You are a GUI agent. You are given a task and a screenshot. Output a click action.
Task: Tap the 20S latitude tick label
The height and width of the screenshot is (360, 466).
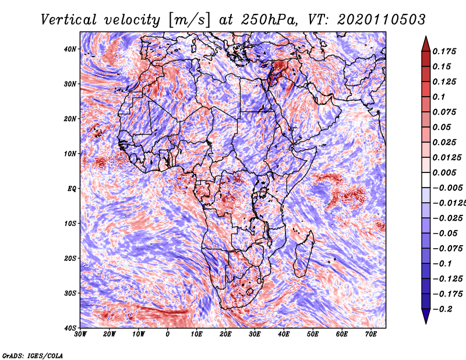[x=70, y=258]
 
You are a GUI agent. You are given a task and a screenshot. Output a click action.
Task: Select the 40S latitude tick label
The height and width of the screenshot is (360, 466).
[x=70, y=328]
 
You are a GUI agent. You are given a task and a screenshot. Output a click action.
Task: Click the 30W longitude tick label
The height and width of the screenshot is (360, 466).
[x=80, y=334]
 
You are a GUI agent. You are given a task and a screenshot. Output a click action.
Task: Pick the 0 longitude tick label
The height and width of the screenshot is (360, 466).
[x=168, y=334]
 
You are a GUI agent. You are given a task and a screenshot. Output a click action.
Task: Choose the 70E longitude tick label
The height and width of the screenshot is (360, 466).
[x=371, y=334]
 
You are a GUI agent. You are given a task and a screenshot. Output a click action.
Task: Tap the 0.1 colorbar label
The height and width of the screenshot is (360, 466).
[x=438, y=97]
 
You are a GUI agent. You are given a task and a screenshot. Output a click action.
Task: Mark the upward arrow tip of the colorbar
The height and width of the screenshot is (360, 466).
[x=425, y=38]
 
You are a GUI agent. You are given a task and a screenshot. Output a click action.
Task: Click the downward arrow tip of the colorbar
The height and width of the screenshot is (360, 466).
[x=425, y=322]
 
